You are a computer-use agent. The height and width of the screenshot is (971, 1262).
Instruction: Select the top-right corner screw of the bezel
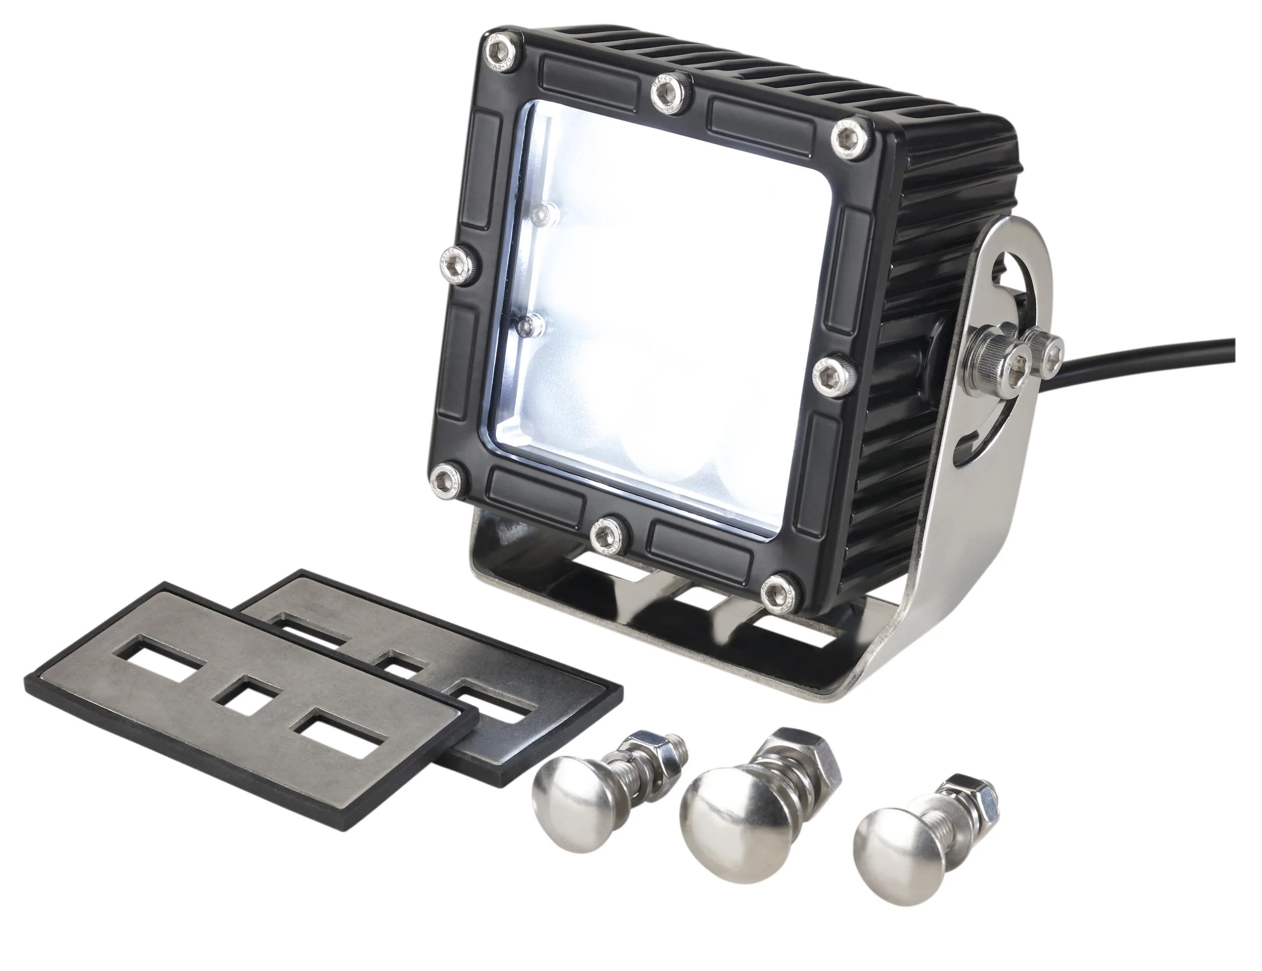pyautogui.click(x=851, y=140)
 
